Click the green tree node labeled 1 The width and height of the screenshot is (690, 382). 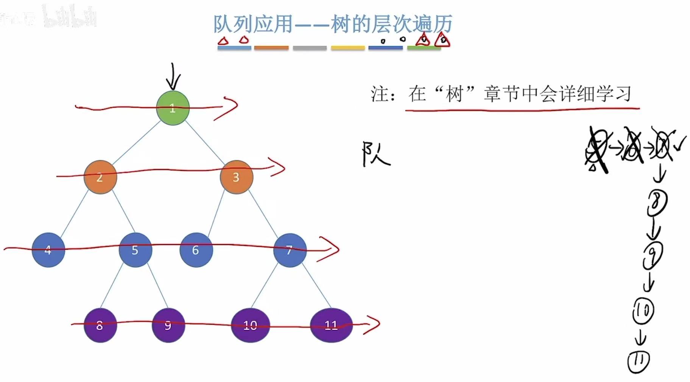[x=173, y=108]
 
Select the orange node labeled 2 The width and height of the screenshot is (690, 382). [x=100, y=177]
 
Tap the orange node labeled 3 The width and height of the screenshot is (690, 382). [x=236, y=177]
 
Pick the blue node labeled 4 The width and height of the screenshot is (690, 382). [x=48, y=250]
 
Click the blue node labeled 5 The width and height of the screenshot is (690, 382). [x=135, y=250]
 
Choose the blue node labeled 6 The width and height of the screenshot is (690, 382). [x=196, y=250]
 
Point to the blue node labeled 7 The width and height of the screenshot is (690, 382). [x=290, y=250]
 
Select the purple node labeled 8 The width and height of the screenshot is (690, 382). [x=100, y=325]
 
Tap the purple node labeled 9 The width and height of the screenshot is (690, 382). [x=168, y=325]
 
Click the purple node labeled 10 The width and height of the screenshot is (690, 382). [x=250, y=325]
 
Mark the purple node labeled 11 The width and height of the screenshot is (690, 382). [x=331, y=325]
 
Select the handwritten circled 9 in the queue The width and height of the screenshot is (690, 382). [x=653, y=255]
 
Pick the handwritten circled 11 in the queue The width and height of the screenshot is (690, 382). [x=639, y=362]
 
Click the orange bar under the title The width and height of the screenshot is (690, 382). [x=271, y=48]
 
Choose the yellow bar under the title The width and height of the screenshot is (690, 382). [x=347, y=48]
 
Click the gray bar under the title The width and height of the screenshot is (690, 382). [x=310, y=48]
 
